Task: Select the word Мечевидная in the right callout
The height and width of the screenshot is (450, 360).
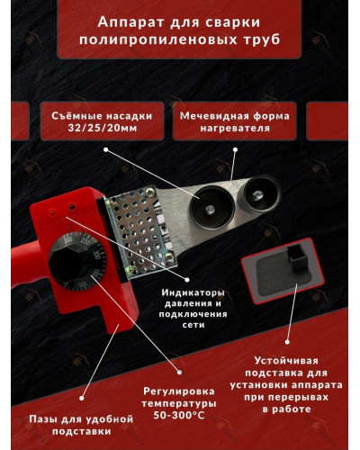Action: point(216,116)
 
